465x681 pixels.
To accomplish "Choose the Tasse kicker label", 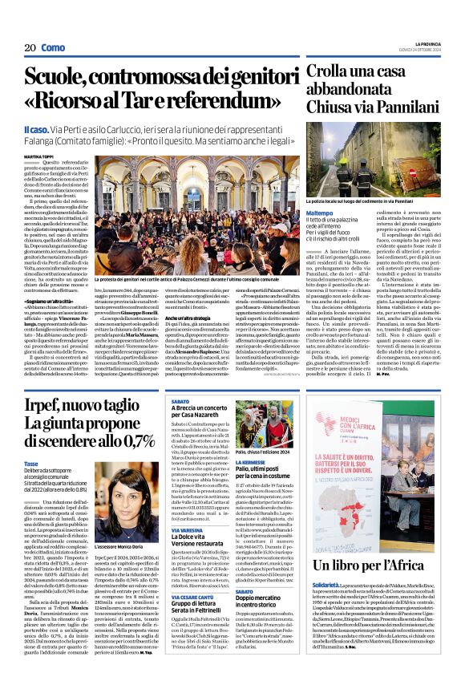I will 32,464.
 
